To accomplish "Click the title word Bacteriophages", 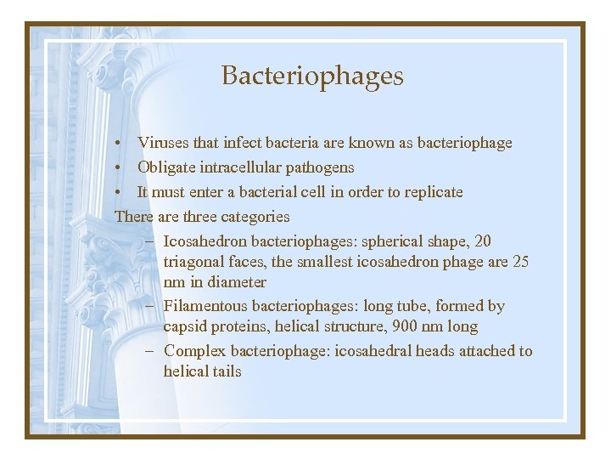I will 312,76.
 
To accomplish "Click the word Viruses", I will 163,143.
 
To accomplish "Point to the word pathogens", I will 320,167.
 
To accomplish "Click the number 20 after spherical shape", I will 482,241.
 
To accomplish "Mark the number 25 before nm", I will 521,262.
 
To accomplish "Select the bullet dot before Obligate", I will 122,167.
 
